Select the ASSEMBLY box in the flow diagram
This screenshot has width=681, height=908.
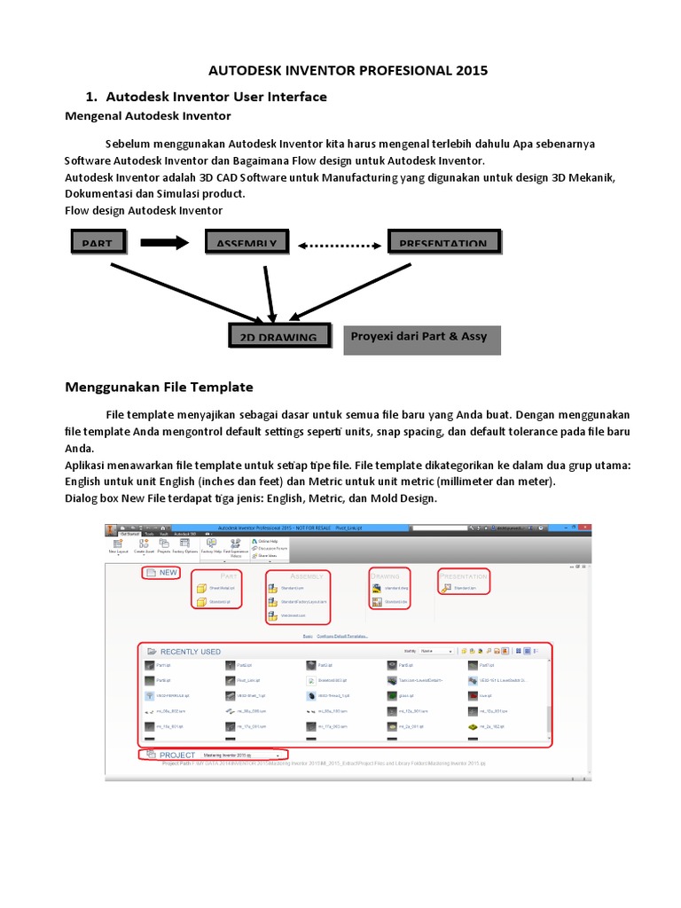(247, 241)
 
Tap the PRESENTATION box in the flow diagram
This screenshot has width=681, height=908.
(443, 241)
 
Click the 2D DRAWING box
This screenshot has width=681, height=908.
(278, 337)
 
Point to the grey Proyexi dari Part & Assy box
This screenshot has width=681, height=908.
(421, 338)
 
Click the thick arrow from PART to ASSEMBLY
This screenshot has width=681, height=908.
(165, 241)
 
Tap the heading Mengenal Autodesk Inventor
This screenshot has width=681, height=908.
(149, 115)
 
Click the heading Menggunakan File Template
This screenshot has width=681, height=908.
(160, 387)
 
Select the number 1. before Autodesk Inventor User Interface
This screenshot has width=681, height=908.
(90, 96)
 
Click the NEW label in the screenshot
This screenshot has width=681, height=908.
(168, 572)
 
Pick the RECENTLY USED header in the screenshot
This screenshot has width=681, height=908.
(190, 651)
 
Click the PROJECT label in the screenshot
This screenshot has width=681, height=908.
(176, 755)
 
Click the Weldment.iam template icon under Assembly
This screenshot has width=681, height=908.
(274, 614)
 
